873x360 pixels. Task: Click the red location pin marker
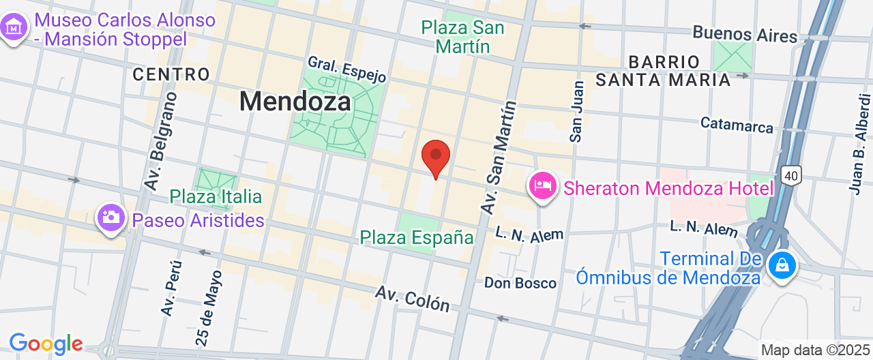tap(436, 157)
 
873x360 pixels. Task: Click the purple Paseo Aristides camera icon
tap(110, 218)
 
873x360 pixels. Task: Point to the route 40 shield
tap(790, 176)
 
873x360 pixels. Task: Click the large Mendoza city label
tap(295, 102)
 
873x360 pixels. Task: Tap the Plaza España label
tap(417, 237)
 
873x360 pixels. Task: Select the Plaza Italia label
tap(216, 197)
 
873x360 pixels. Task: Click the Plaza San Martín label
tap(463, 37)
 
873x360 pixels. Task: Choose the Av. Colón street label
tap(413, 298)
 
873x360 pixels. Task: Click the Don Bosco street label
tap(520, 282)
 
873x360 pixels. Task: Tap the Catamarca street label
tap(737, 125)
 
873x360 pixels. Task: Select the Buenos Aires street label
tap(745, 34)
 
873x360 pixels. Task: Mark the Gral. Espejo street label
tap(347, 69)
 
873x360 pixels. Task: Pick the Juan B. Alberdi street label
tap(859, 143)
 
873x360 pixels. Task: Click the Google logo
tap(46, 344)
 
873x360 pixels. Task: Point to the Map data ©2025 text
tap(816, 350)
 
